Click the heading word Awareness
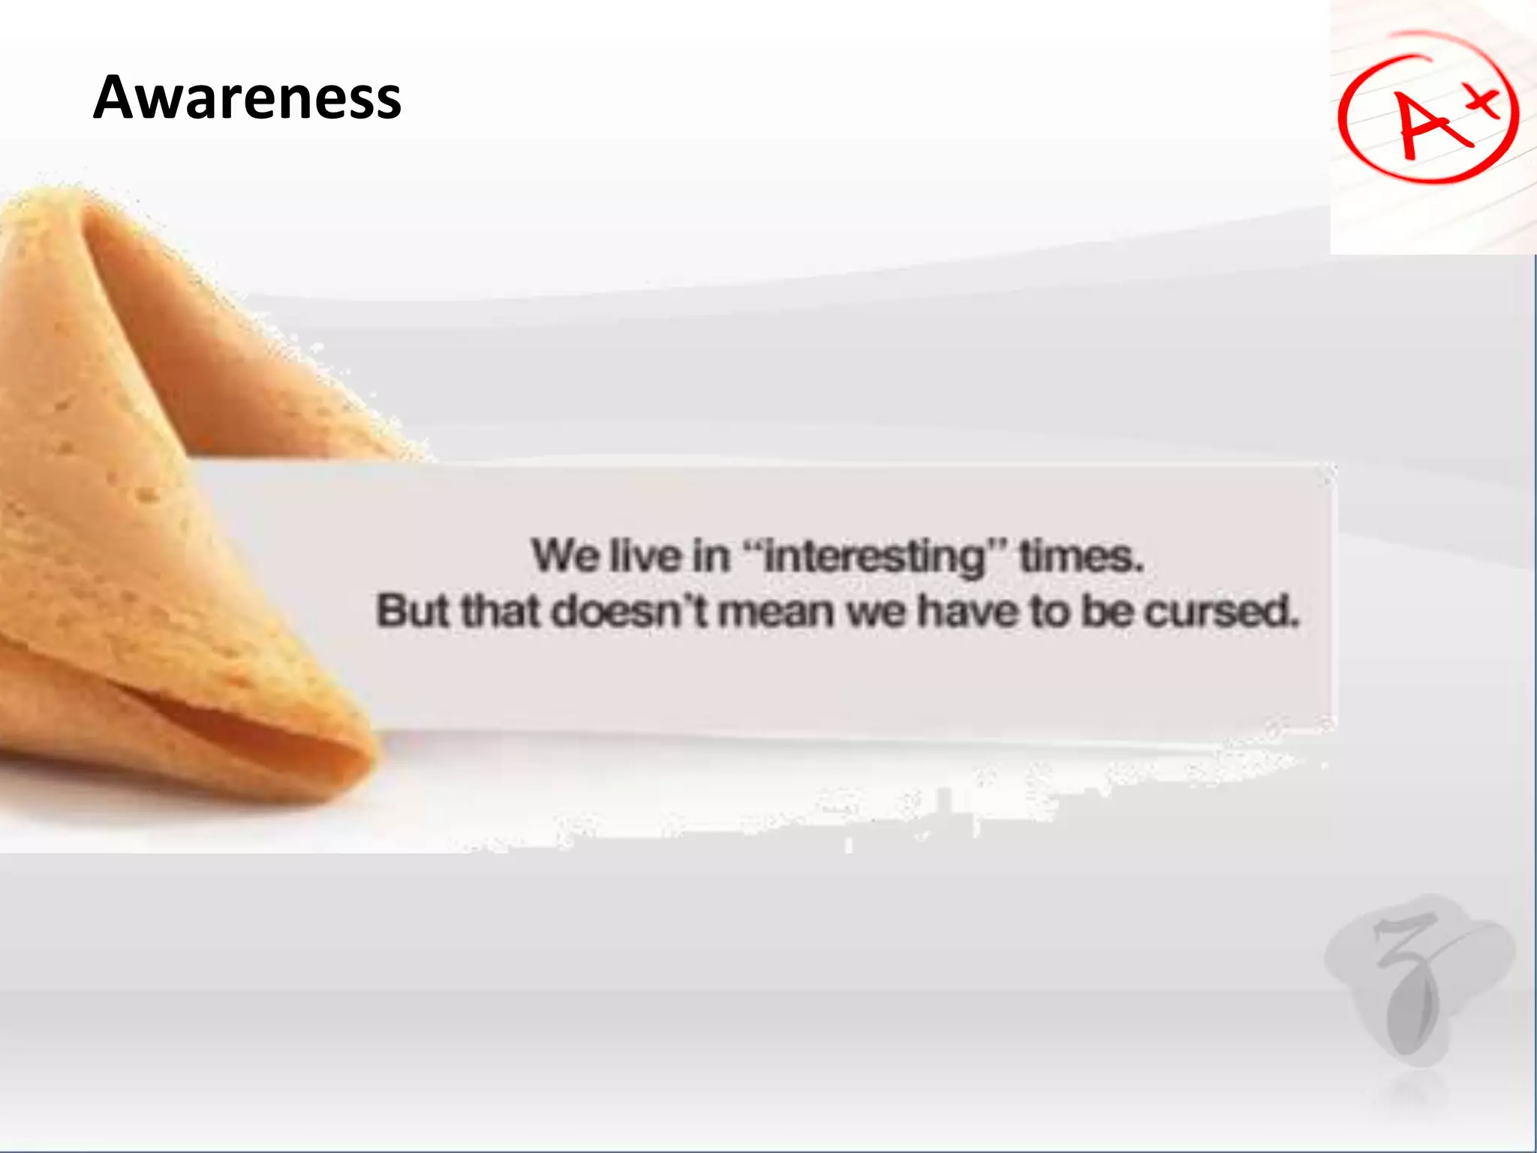pos(247,98)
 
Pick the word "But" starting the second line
pos(412,611)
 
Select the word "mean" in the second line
pos(776,611)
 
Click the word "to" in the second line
pos(1049,611)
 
